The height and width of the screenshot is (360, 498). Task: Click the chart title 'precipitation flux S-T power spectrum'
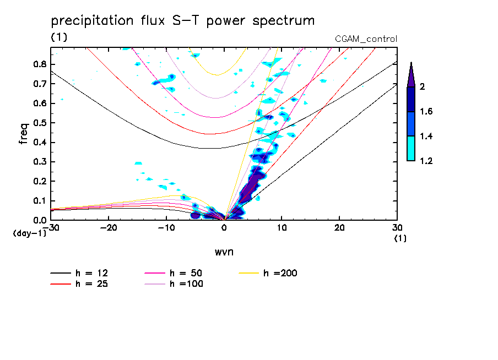coord(183,21)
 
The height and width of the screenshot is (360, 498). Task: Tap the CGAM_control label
coord(366,39)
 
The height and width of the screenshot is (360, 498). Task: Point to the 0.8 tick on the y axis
coord(39,64)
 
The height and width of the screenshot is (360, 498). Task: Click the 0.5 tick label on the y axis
coord(39,123)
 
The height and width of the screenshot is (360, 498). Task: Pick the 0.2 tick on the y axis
coord(39,181)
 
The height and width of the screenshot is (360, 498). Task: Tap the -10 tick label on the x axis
coord(166,227)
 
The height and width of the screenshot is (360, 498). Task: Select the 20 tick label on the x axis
coord(339,227)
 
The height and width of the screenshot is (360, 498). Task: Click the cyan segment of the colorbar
coord(411,149)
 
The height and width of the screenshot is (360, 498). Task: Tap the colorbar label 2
coord(422,86)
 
